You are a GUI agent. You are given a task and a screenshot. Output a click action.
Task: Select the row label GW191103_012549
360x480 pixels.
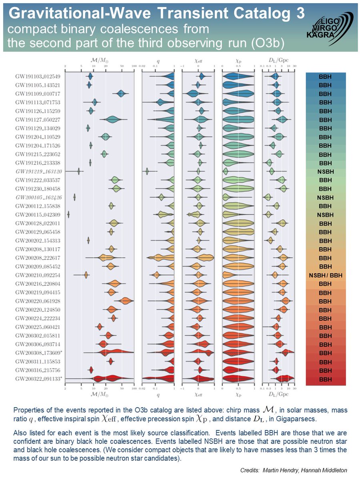pyautogui.click(x=38, y=76)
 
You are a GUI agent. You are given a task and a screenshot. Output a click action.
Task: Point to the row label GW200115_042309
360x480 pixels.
pyautogui.click(x=38, y=215)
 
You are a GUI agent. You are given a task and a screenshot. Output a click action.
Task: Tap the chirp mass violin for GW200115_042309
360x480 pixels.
pyautogui.click(x=68, y=215)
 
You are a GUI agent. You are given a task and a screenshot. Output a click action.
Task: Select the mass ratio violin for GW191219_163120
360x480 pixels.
pyautogui.click(x=147, y=171)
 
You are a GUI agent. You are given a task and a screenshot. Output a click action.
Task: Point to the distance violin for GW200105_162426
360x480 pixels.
pyautogui.click(x=267, y=197)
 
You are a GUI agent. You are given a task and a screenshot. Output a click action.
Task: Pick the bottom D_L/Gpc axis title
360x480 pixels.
pyautogui.click(x=278, y=394)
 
